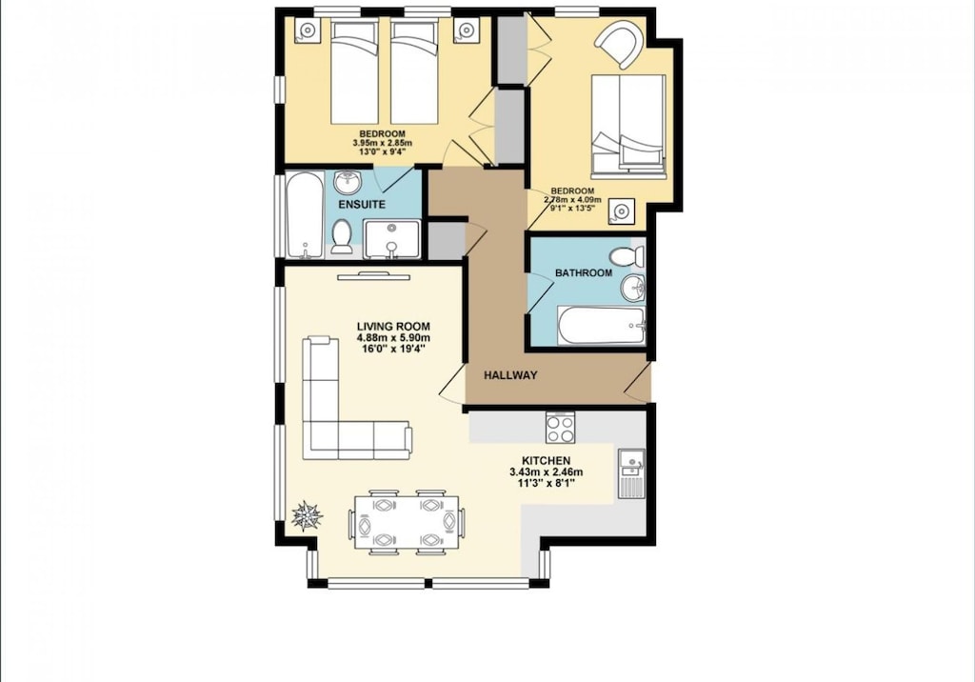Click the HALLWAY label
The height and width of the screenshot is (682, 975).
(x=510, y=375)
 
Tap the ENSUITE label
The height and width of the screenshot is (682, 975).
(x=362, y=205)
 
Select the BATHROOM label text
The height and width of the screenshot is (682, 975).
(x=584, y=273)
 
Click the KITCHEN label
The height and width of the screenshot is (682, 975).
(x=546, y=461)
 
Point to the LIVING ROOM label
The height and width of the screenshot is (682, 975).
(x=393, y=326)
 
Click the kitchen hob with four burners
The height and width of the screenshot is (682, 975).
(x=560, y=428)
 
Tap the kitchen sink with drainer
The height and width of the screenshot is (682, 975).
(x=631, y=472)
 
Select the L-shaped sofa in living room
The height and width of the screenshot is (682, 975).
(x=343, y=419)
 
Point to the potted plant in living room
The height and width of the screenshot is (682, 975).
(x=307, y=515)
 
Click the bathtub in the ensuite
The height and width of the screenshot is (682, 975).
(x=305, y=216)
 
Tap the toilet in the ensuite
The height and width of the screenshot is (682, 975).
(x=343, y=236)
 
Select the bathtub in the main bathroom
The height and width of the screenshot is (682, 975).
(x=602, y=326)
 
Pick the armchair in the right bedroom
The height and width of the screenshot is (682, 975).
(x=619, y=44)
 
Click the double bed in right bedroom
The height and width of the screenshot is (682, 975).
(x=627, y=125)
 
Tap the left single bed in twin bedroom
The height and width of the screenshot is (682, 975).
(x=355, y=72)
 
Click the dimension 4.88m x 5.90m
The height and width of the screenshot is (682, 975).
(x=393, y=338)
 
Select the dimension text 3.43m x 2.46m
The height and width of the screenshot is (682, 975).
(x=546, y=472)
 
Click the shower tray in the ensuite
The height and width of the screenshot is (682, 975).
(x=391, y=239)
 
